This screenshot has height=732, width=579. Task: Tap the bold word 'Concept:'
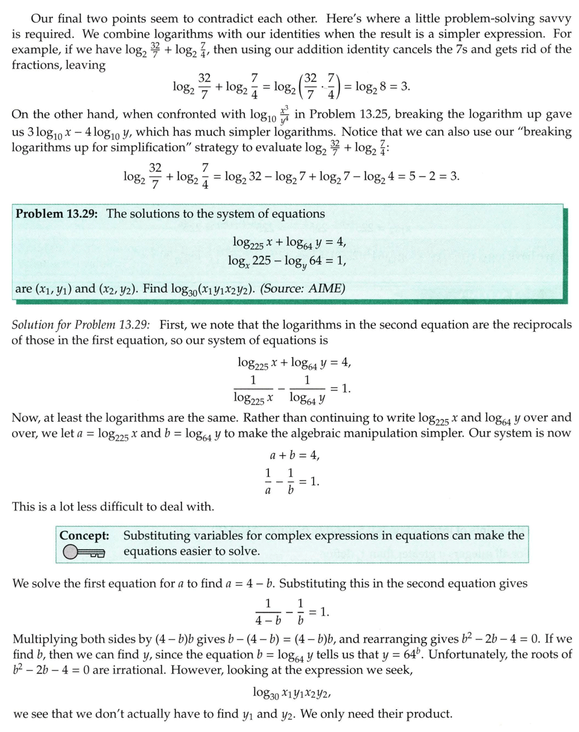[x=85, y=535]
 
